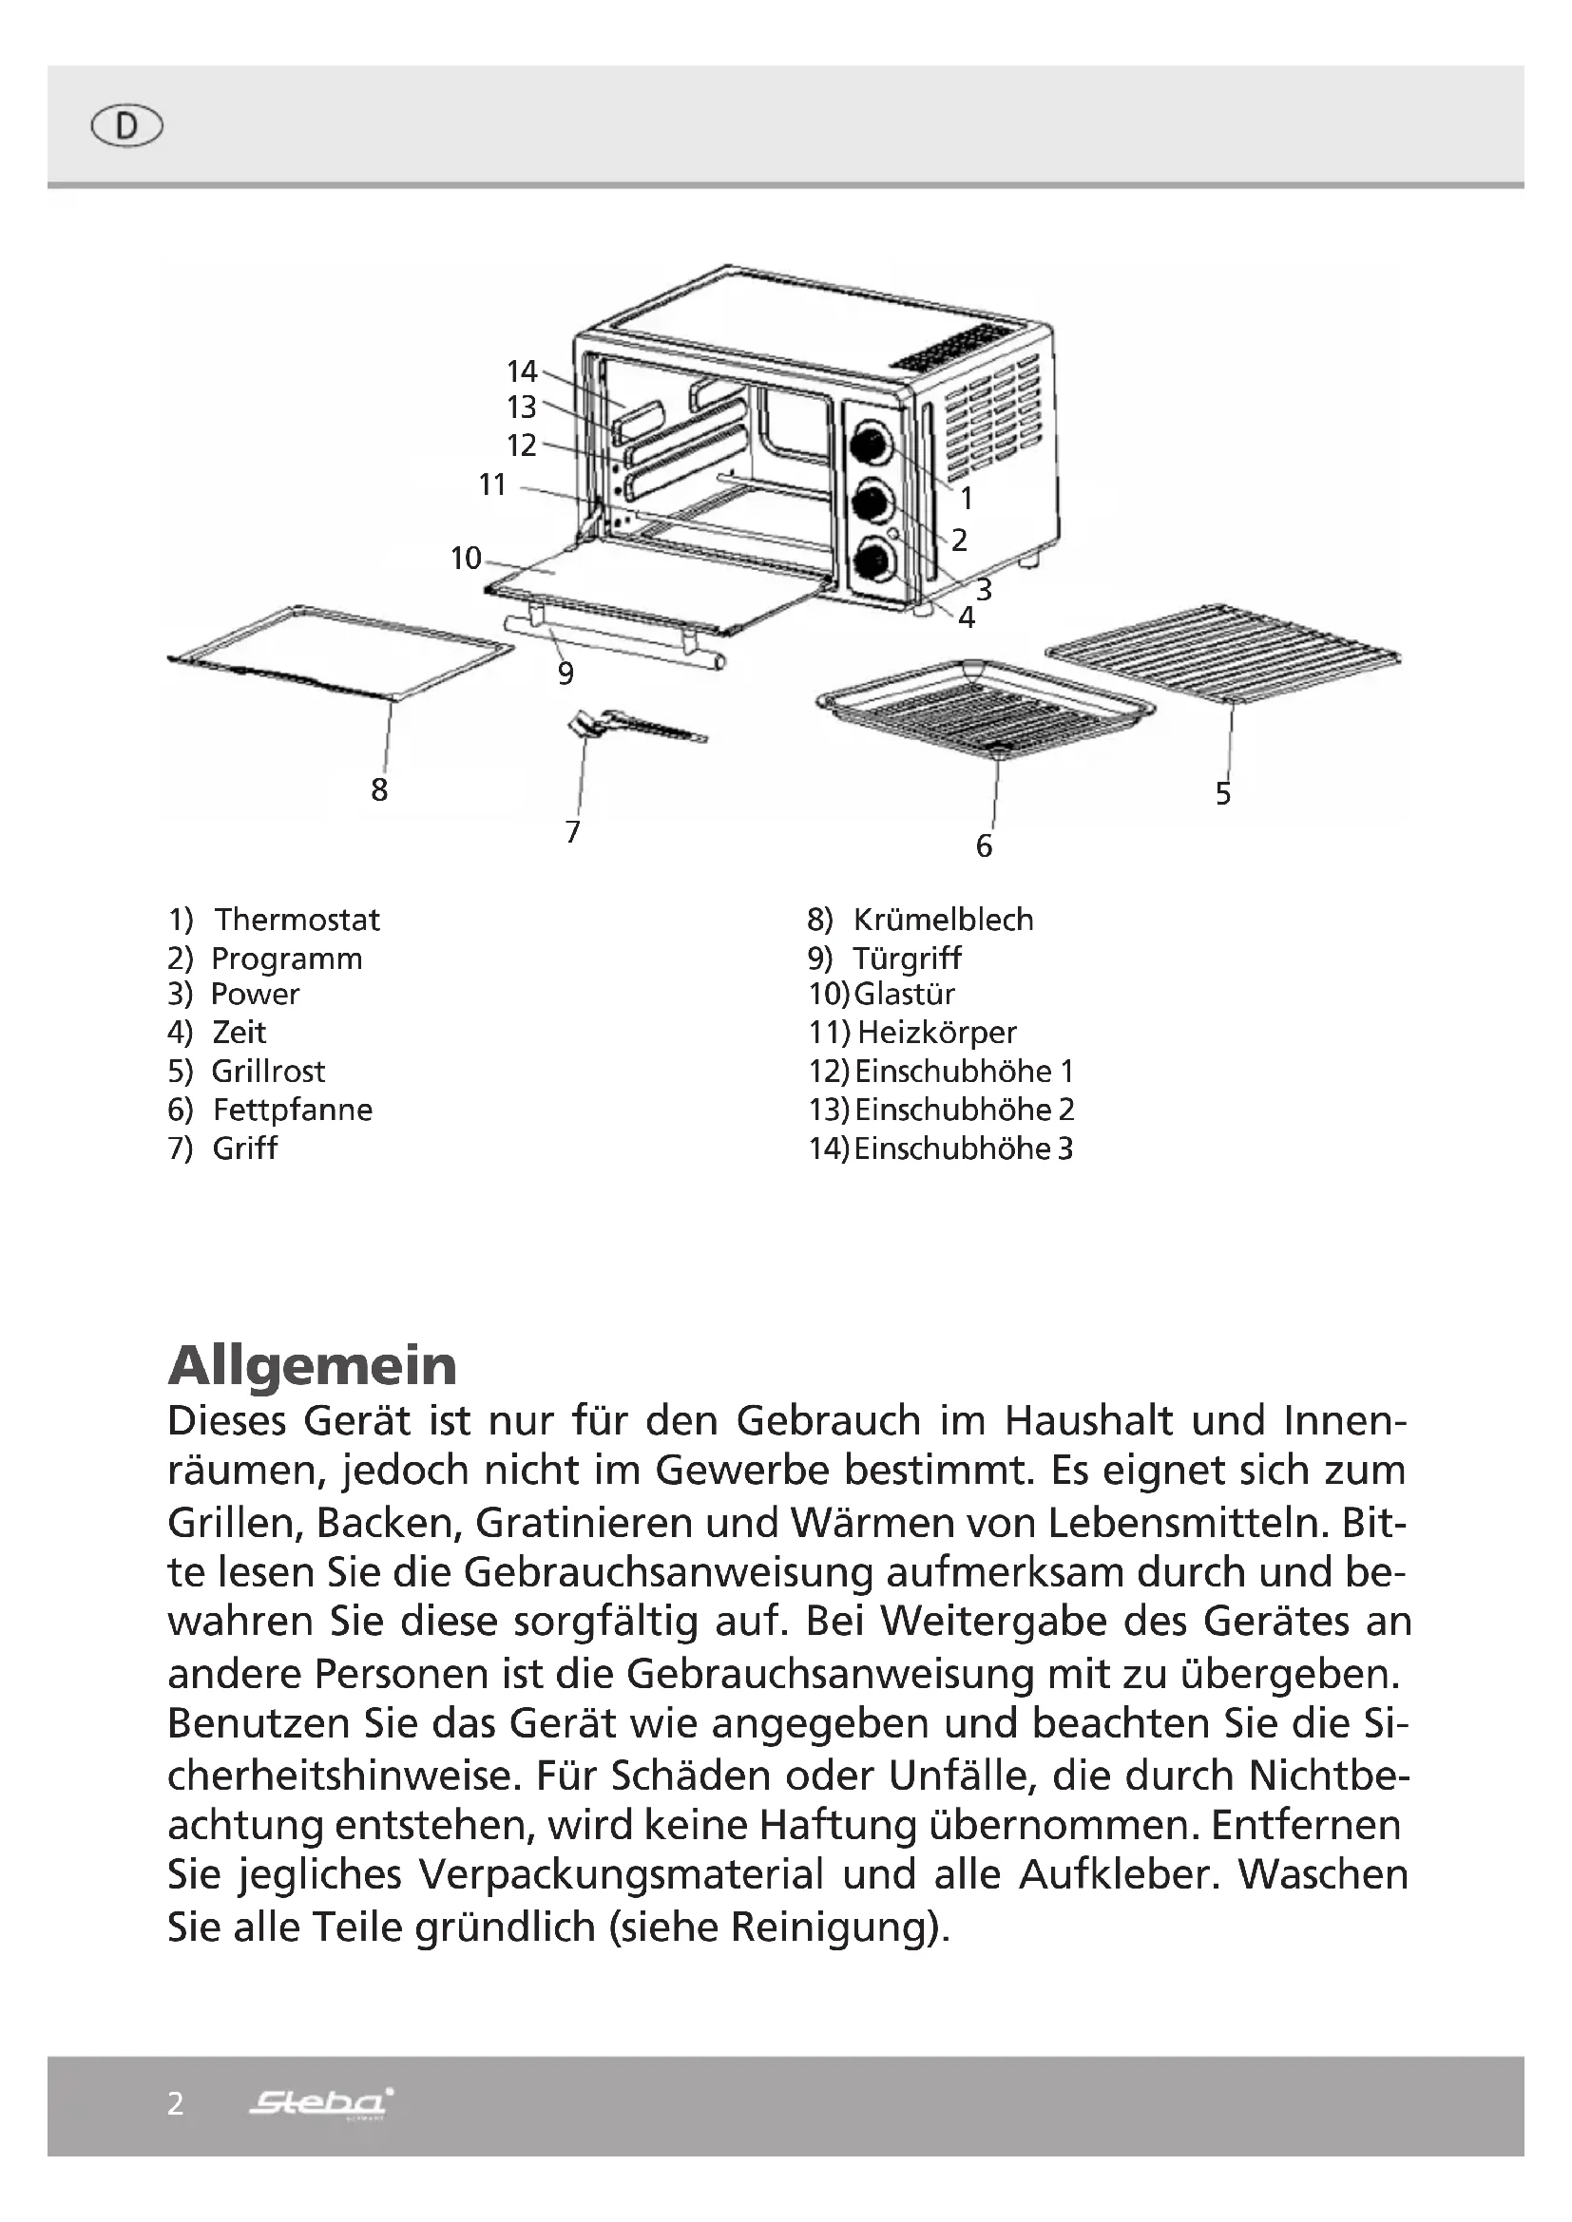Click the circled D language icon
pyautogui.click(x=126, y=126)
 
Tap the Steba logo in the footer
pyautogui.click(x=321, y=2102)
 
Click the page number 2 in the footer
pyautogui.click(x=175, y=2104)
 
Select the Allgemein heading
pyautogui.click(x=312, y=1364)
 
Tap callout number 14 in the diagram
pyautogui.click(x=522, y=370)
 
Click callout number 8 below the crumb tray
pyautogui.click(x=379, y=789)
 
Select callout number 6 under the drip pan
pyautogui.click(x=984, y=845)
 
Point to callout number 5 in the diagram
pyautogui.click(x=1223, y=793)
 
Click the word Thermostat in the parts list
pyautogui.click(x=297, y=920)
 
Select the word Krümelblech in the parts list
pyautogui.click(x=943, y=920)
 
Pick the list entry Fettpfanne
pyautogui.click(x=293, y=1109)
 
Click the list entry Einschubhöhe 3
pyautogui.click(x=963, y=1149)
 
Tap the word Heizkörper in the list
pyautogui.click(x=937, y=1033)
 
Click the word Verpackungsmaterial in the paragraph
pyautogui.click(x=621, y=1874)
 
